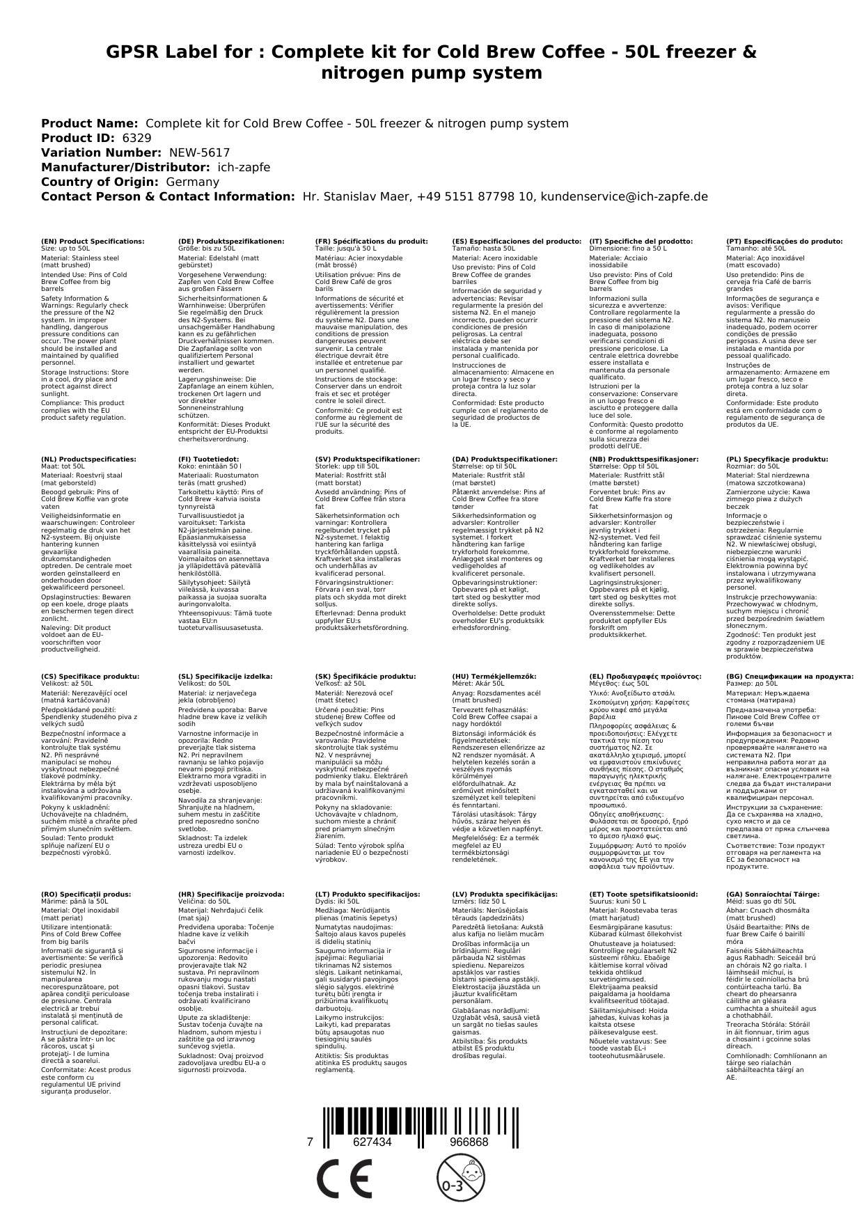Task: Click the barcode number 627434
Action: (x=372, y=1142)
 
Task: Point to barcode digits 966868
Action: (x=469, y=1142)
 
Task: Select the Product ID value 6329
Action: (x=136, y=138)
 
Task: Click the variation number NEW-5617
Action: (x=199, y=152)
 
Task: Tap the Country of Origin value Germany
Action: (x=192, y=182)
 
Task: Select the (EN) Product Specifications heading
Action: (x=93, y=241)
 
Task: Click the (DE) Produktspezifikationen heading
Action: (x=231, y=241)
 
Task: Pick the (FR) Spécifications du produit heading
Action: (x=371, y=241)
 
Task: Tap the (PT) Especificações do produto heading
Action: (x=784, y=241)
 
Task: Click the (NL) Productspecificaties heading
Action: (x=88, y=459)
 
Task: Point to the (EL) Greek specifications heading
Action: (x=645, y=676)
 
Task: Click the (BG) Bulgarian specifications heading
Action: (x=790, y=676)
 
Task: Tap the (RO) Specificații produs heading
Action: (x=85, y=894)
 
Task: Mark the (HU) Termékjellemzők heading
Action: (x=494, y=676)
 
